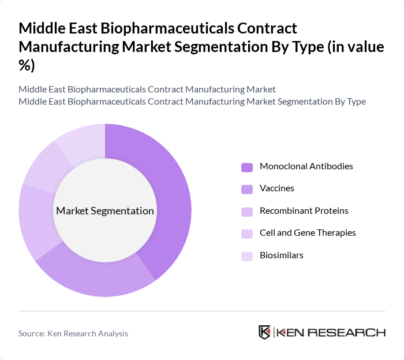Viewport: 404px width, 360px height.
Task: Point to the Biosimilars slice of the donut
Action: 81,139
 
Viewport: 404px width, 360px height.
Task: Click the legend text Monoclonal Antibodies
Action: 306,166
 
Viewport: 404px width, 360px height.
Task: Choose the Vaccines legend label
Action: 276,188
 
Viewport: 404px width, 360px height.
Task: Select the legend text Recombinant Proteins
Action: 304,211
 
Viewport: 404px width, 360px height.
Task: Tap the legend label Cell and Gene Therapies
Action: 307,233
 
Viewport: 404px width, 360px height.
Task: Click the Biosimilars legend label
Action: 281,255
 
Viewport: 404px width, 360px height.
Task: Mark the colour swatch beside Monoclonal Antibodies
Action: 247,167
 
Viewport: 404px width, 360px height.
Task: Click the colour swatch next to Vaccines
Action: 247,189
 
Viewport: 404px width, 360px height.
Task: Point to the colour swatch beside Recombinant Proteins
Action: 247,211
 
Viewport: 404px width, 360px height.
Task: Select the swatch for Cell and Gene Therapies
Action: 247,233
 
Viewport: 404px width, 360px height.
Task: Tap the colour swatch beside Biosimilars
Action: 247,256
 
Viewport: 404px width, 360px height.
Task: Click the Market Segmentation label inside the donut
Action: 105,211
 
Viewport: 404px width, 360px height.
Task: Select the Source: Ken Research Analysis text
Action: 73,333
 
